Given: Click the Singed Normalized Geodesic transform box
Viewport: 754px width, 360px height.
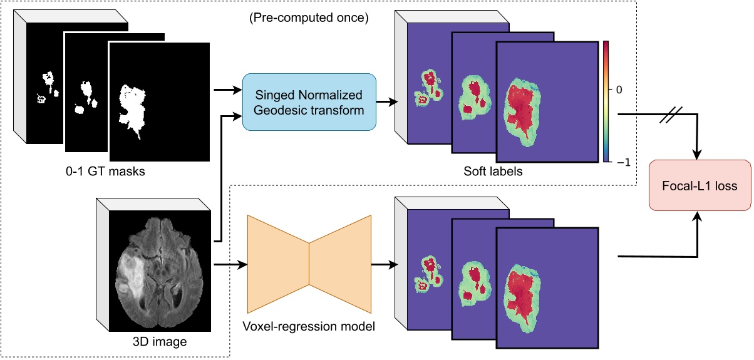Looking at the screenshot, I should coord(309,102).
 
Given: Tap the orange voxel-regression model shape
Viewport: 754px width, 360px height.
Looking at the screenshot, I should coord(309,264).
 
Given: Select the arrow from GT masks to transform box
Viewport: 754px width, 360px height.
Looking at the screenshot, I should coord(227,90).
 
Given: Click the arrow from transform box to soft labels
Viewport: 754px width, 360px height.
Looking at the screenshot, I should coord(385,102).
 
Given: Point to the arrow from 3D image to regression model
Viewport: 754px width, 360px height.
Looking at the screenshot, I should coord(228,264).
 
